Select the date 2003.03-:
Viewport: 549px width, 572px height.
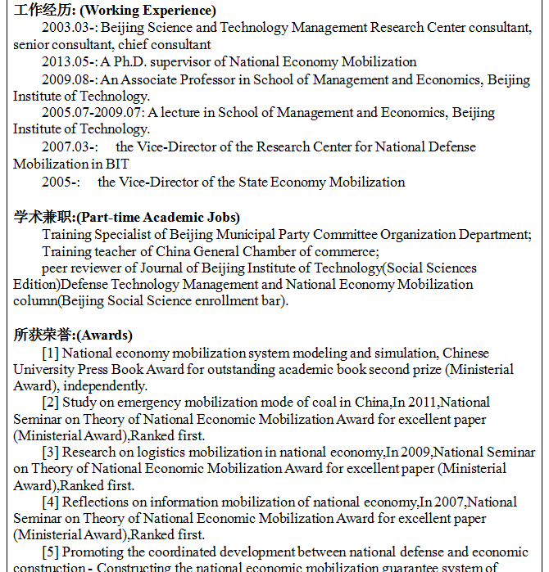(70, 28)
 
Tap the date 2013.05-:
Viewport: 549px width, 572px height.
(70, 62)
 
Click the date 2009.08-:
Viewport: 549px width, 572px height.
(70, 79)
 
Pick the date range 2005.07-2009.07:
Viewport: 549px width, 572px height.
(93, 113)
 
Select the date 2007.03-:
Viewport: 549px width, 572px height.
(70, 147)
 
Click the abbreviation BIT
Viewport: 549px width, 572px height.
(117, 164)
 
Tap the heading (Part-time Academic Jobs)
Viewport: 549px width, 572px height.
(157, 217)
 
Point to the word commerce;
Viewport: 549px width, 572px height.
(347, 251)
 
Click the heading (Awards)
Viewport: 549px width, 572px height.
(104, 336)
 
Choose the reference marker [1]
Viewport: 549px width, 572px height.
(50, 354)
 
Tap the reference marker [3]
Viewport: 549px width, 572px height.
(50, 452)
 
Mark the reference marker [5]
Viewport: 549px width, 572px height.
(50, 552)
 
